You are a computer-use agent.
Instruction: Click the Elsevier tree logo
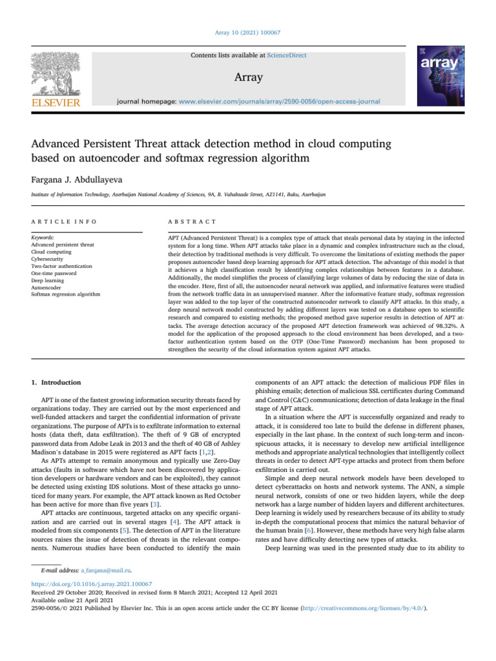52,73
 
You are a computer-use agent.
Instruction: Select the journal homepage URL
279,101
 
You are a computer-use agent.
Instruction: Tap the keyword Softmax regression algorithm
65,294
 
